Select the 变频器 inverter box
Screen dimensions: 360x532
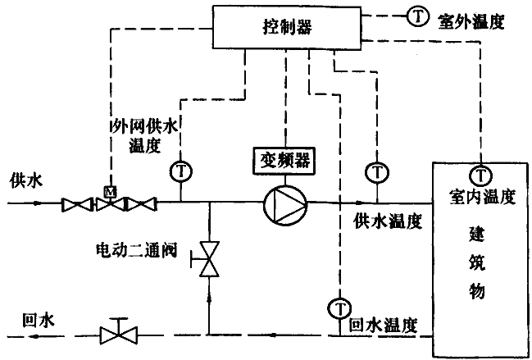285,158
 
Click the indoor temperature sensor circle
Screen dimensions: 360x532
480,174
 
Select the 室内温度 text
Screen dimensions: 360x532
481,197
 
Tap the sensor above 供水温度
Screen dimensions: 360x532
376,171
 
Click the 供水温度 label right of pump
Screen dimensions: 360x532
387,221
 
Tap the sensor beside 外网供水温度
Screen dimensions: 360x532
180,171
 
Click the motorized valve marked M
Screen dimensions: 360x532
108,202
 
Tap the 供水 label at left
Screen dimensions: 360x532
25,180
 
